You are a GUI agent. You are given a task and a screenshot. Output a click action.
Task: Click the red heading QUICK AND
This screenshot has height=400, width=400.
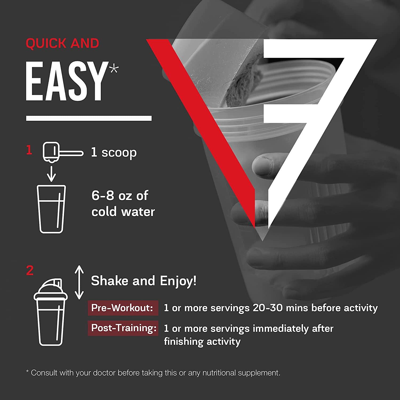[62, 43]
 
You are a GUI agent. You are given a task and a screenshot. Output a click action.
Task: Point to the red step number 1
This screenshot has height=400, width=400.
[29, 150]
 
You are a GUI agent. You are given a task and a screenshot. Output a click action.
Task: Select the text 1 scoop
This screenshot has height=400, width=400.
[114, 153]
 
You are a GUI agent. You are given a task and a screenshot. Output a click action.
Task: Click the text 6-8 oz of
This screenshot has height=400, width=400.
[120, 196]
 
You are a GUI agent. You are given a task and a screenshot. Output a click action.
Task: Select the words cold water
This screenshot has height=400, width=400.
[123, 212]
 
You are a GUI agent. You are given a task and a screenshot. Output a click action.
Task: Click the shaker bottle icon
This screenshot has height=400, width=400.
[51, 312]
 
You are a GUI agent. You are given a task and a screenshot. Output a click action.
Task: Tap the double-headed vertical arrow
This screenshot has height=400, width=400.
[79, 282]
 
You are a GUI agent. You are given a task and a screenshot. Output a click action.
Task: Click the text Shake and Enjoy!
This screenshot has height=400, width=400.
[144, 281]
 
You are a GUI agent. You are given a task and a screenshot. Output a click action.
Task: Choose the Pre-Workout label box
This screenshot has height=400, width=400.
[123, 308]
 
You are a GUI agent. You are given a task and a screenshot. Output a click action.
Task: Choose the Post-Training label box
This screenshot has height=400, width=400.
[123, 328]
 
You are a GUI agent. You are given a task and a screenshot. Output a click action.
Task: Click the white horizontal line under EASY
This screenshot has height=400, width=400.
[89, 118]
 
